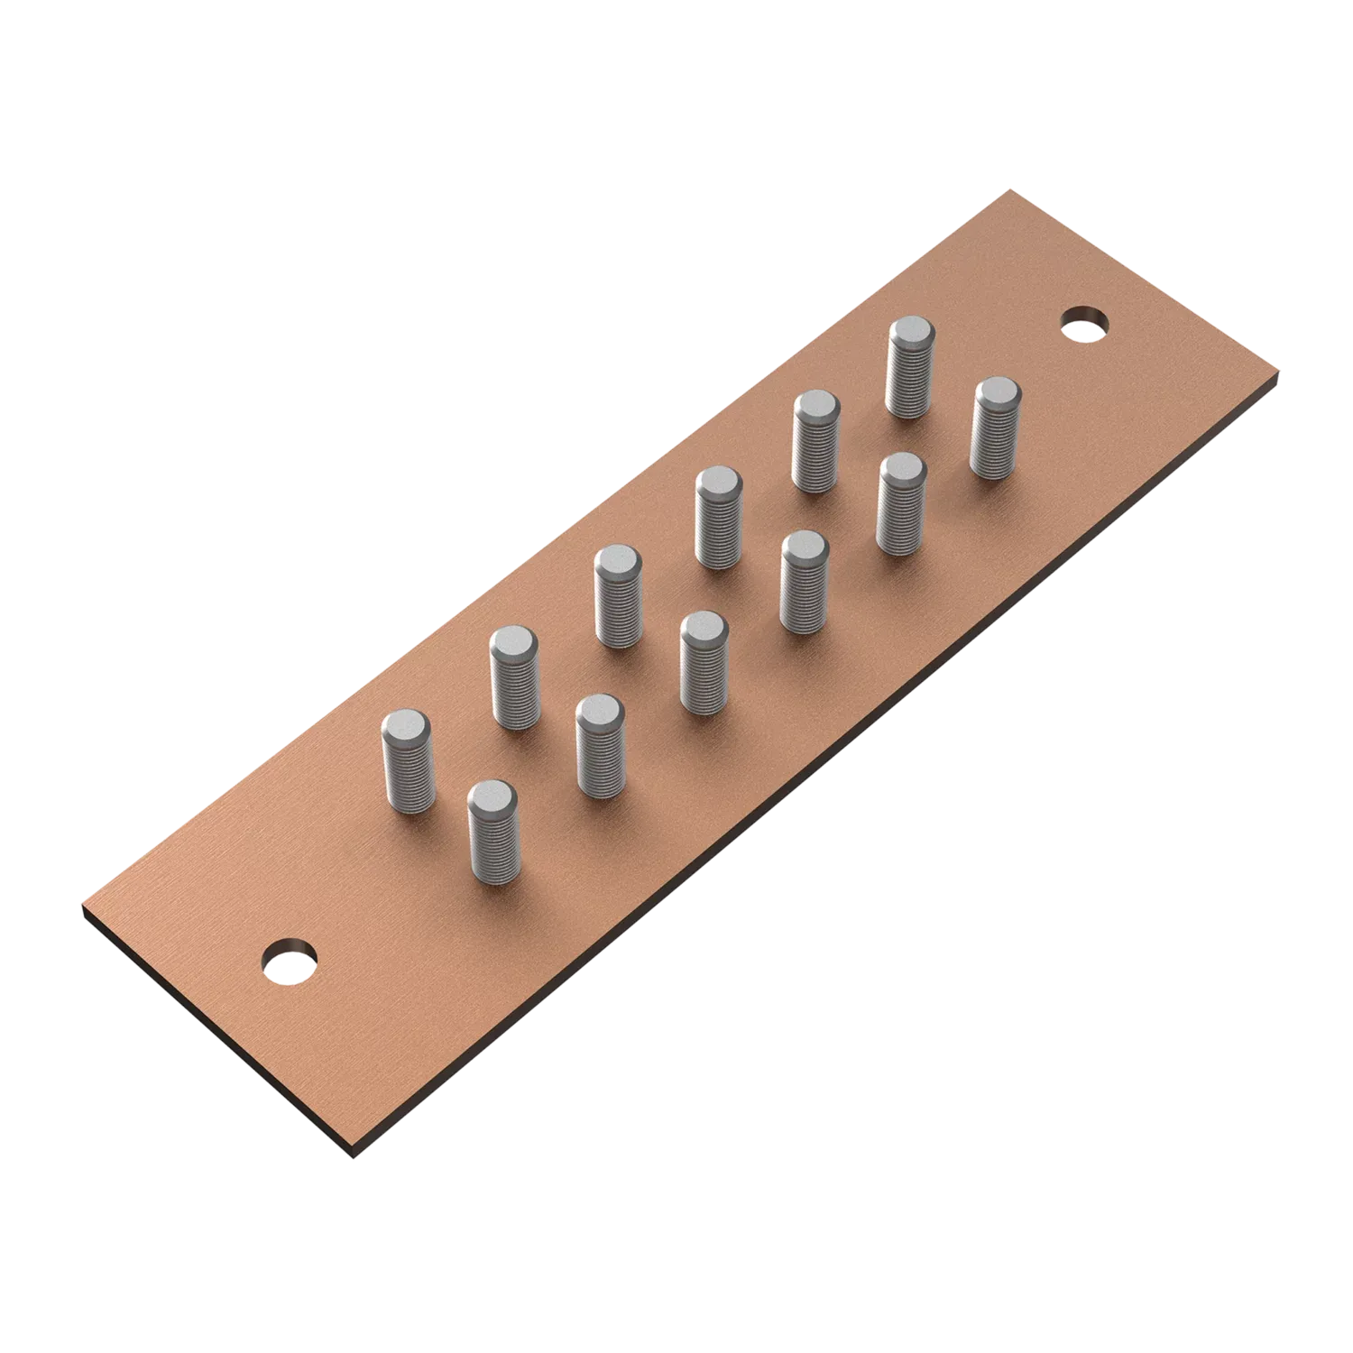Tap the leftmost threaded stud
(409, 763)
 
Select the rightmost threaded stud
(995, 428)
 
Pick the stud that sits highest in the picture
(910, 368)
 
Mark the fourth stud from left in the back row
(719, 518)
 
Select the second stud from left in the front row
(600, 747)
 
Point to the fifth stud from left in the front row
(900, 503)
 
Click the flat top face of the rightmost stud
(996, 392)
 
